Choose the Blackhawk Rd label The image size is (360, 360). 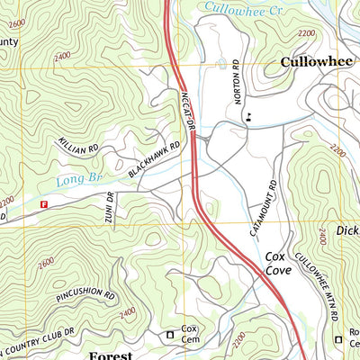pyautogui.click(x=148, y=162)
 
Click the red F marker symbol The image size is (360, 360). pyautogui.click(x=42, y=205)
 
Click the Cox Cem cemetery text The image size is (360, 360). pyautogui.click(x=189, y=334)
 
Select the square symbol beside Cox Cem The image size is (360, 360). pyautogui.click(x=169, y=336)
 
